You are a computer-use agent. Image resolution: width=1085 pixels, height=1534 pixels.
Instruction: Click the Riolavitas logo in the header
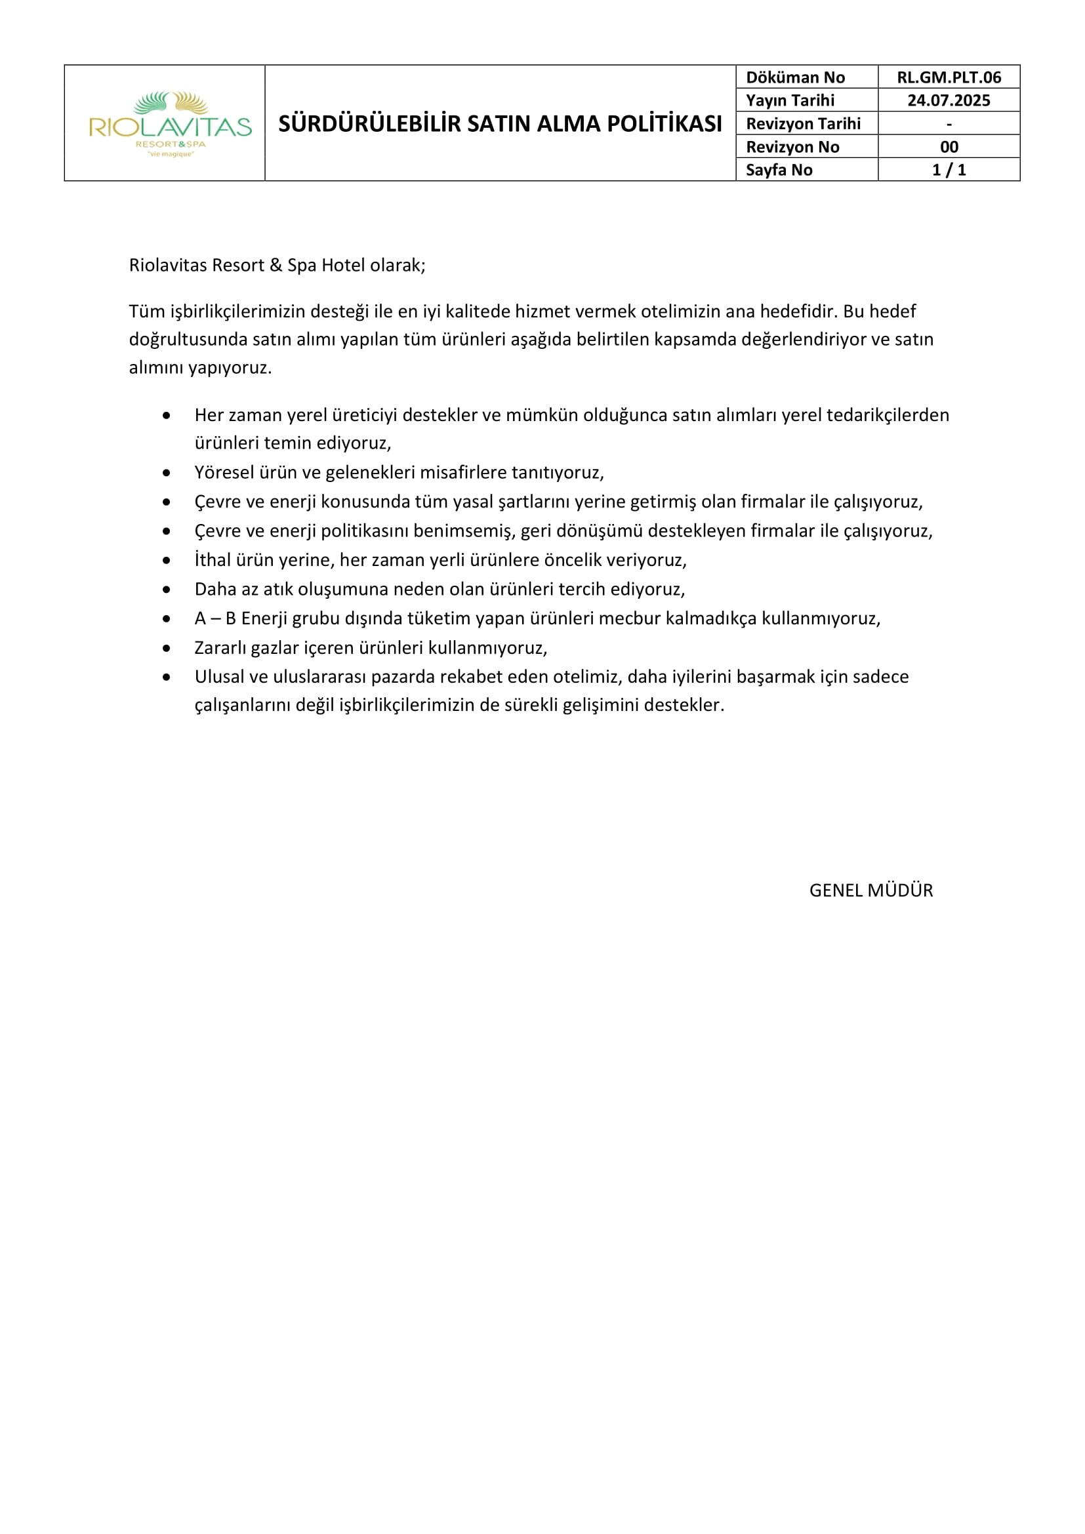pos(170,123)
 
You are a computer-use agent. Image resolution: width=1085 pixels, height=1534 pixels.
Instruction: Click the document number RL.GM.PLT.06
pos(948,77)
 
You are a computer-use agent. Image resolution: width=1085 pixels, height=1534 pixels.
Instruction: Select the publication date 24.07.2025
pos(948,100)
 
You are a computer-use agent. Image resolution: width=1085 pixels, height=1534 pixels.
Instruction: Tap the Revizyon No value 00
pos(949,147)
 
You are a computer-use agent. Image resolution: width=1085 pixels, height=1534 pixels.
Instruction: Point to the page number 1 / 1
pos(949,170)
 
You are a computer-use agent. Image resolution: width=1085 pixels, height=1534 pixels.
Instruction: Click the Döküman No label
pos(795,77)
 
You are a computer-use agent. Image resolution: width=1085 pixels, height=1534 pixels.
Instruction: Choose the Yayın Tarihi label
pos(790,100)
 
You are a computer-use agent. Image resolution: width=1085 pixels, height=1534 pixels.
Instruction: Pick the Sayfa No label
pos(779,170)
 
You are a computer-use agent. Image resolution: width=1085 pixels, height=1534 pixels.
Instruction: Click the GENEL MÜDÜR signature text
pos(870,890)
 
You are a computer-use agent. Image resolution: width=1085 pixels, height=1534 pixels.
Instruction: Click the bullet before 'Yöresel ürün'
pos(167,473)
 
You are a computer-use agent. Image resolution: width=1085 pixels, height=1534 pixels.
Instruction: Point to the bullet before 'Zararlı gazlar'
pos(167,648)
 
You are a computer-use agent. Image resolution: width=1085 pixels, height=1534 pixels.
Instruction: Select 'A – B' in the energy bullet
pos(215,618)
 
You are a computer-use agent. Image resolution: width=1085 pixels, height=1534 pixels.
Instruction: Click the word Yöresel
pos(224,473)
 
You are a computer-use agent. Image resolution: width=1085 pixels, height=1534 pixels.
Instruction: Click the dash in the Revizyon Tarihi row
pos(949,124)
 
